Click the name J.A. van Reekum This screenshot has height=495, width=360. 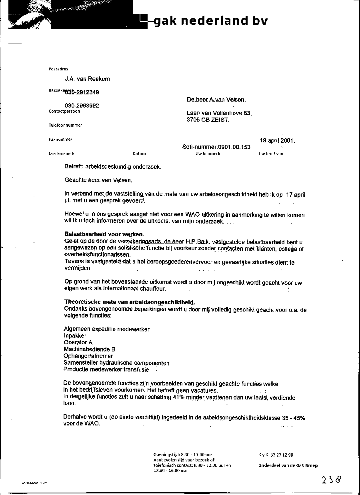pos(87,79)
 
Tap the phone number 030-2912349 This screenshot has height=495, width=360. pos(82,92)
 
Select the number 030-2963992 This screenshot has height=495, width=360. pos(82,106)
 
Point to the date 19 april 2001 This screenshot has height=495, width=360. pos(277,141)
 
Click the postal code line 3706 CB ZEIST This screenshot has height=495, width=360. pos(208,120)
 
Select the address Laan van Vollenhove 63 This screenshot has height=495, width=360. pos(219,113)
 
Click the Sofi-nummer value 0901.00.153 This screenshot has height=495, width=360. pos(234,147)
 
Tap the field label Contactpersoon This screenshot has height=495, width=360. pos(64,112)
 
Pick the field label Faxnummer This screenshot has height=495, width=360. pos(60,140)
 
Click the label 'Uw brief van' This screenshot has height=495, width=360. pos(271,154)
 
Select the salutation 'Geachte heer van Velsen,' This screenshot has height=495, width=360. pos(98,180)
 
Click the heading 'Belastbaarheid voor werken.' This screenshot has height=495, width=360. pos(104,234)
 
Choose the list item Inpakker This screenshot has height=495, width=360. pos(75,336)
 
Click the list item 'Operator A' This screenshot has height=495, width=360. pos(78,343)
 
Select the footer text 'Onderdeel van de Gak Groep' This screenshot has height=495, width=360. pos(288,465)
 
